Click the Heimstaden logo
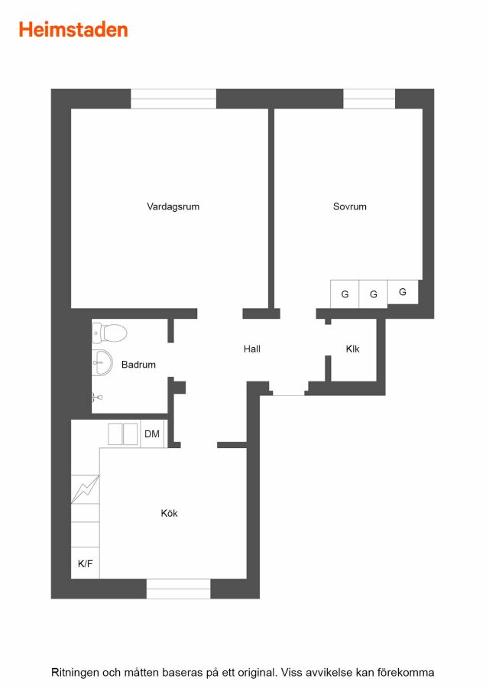pyautogui.click(x=73, y=30)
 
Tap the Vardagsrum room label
pyautogui.click(x=173, y=206)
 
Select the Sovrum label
pyautogui.click(x=349, y=206)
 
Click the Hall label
pyautogui.click(x=252, y=349)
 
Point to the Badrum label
pyautogui.click(x=138, y=365)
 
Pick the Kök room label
pyautogui.click(x=170, y=513)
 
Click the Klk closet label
pyautogui.click(x=353, y=349)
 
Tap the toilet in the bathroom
pyautogui.click(x=109, y=333)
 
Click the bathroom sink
pyautogui.click(x=102, y=362)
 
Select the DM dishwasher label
pyautogui.click(x=152, y=434)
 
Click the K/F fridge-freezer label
pyautogui.click(x=85, y=564)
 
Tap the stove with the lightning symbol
pyautogui.click(x=85, y=489)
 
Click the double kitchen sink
pyautogui.click(x=123, y=434)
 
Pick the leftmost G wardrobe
pyautogui.click(x=345, y=294)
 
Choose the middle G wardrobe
pyautogui.click(x=373, y=294)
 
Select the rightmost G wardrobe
pyautogui.click(x=403, y=292)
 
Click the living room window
pyautogui.click(x=173, y=99)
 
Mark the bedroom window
pyautogui.click(x=369, y=99)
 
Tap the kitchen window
pyautogui.click(x=179, y=589)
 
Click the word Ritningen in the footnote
pyautogui.click(x=75, y=672)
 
